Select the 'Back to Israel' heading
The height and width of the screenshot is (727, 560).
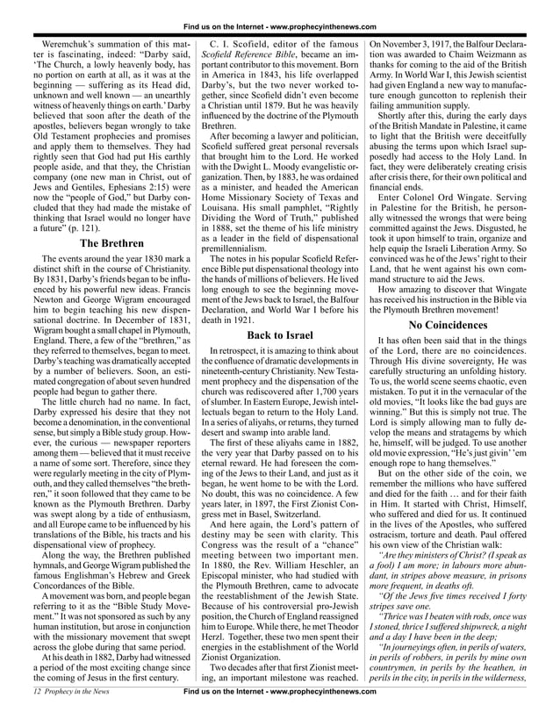tap(280, 335)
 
